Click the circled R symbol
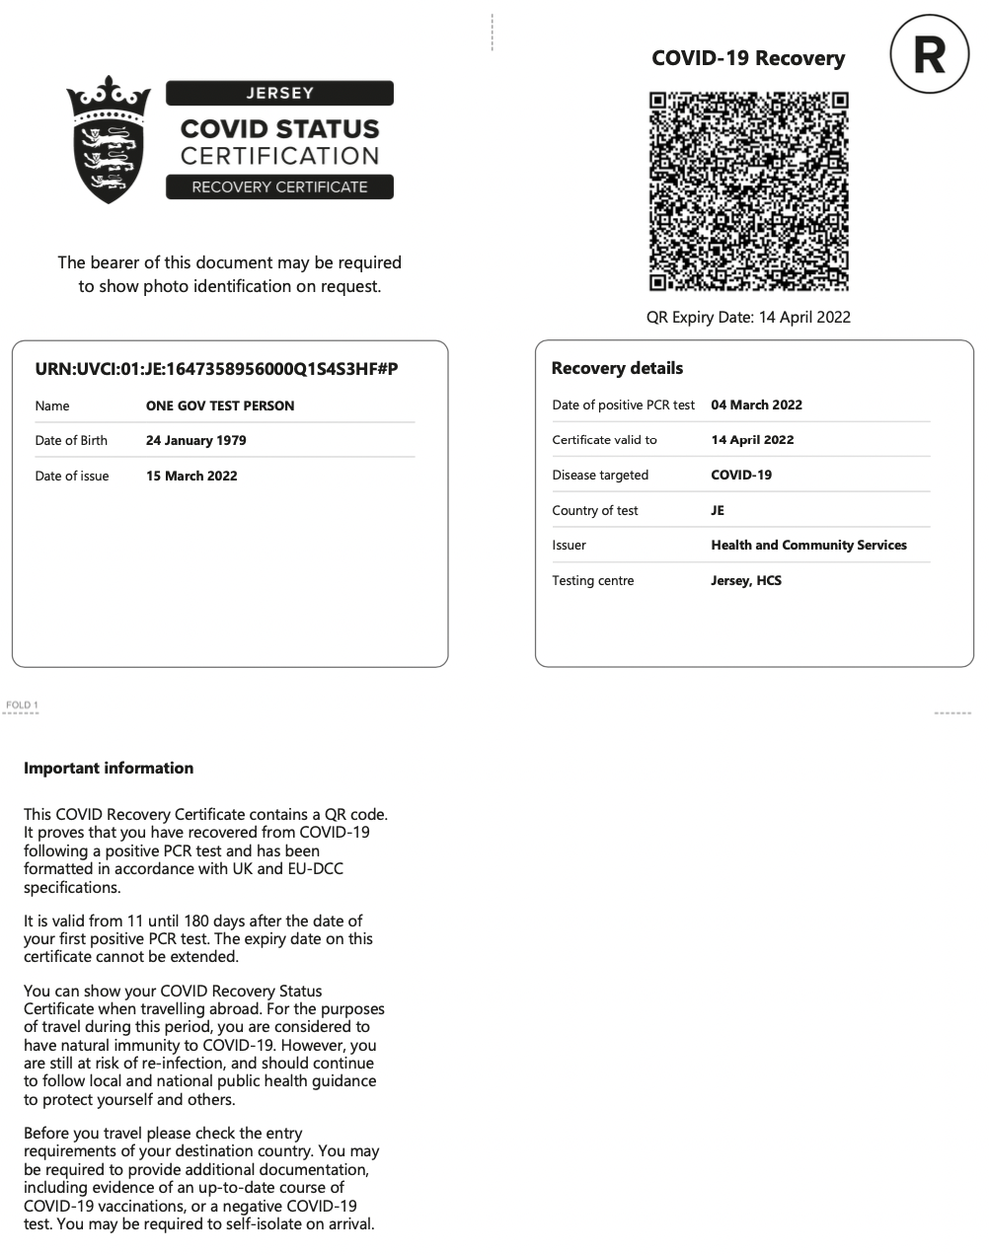click(930, 56)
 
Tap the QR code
click(748, 191)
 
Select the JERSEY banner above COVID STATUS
click(279, 94)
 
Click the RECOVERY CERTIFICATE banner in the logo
click(279, 186)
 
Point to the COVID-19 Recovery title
click(747, 58)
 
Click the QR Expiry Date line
click(747, 317)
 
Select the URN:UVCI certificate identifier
click(216, 369)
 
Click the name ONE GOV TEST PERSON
click(220, 406)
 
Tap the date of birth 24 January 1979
click(195, 440)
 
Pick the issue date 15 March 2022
click(191, 476)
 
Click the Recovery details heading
click(617, 368)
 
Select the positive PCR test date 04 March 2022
click(756, 405)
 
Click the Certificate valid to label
click(604, 440)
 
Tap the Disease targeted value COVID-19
click(741, 475)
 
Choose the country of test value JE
click(718, 510)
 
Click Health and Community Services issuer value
click(808, 545)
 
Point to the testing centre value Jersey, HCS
click(745, 580)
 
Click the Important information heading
click(109, 768)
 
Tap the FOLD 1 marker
click(21, 705)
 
